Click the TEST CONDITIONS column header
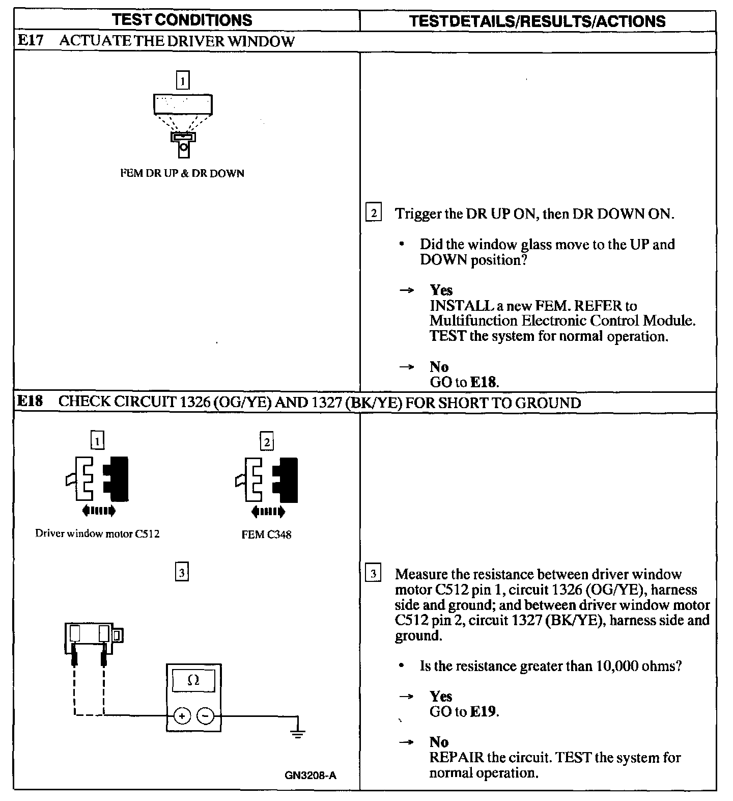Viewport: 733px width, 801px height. [x=182, y=20]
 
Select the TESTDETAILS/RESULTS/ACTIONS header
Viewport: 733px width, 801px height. [x=538, y=21]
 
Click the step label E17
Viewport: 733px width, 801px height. [x=30, y=41]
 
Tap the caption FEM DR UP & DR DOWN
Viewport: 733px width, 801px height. [x=182, y=173]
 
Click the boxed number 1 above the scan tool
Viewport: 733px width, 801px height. [x=182, y=81]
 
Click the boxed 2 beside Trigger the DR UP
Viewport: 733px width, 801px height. [x=373, y=213]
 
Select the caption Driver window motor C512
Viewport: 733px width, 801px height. [x=97, y=534]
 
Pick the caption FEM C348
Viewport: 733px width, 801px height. [x=267, y=535]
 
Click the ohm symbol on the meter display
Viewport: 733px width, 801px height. [x=193, y=680]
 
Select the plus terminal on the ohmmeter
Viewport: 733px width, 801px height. [x=182, y=716]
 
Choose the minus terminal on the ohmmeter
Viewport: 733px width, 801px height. [x=205, y=716]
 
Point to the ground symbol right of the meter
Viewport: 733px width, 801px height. [x=298, y=732]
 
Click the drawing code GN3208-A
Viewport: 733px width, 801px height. [x=311, y=776]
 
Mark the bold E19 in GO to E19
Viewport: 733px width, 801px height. [x=483, y=711]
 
